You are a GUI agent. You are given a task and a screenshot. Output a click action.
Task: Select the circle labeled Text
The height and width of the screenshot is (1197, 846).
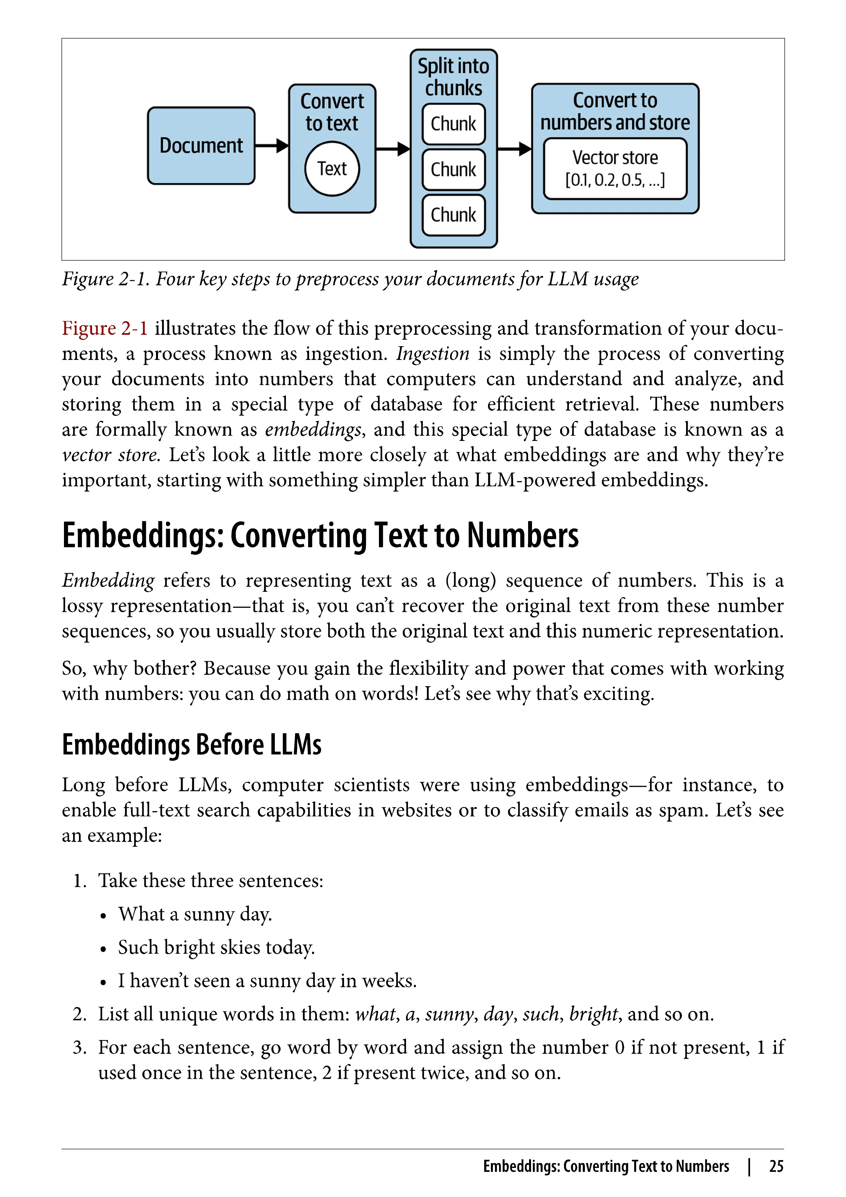click(332, 169)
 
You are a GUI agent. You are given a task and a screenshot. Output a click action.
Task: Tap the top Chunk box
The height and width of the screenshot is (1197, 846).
click(453, 124)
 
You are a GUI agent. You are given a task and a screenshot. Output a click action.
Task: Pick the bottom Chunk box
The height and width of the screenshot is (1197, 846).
click(453, 215)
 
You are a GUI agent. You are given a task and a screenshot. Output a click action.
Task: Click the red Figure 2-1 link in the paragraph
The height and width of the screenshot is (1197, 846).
click(105, 329)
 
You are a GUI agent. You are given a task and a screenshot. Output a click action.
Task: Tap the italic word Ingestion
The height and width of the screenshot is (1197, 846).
click(432, 354)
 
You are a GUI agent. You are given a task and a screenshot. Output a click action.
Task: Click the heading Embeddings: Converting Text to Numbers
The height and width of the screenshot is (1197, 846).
click(320, 536)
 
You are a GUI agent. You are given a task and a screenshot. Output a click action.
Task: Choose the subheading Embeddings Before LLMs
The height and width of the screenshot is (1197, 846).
click(192, 744)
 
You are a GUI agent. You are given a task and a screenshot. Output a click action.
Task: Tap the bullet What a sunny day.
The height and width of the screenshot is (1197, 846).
click(195, 914)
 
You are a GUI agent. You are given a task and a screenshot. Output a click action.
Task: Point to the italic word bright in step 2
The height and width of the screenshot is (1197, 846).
click(593, 1014)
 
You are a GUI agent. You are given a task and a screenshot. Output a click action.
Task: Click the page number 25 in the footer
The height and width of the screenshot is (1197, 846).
click(776, 1166)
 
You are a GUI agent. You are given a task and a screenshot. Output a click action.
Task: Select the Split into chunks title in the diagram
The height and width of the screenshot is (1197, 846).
click(453, 77)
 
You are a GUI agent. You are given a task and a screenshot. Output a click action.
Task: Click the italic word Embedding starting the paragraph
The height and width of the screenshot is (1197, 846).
click(108, 581)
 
